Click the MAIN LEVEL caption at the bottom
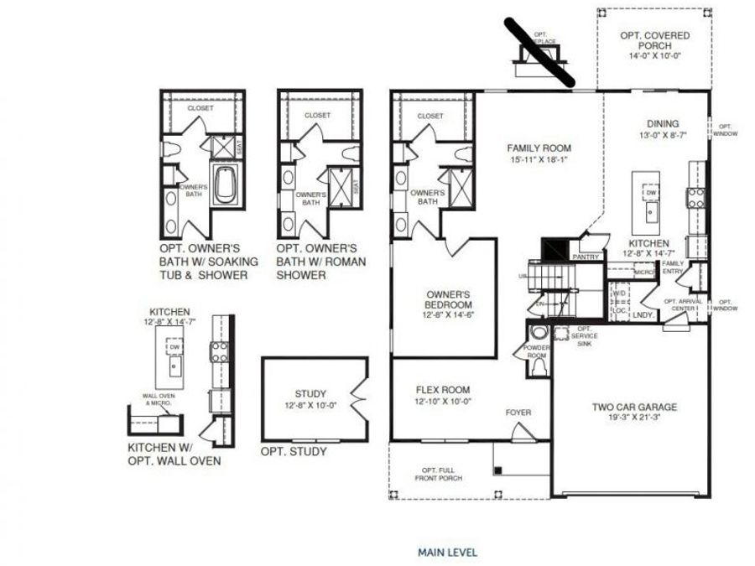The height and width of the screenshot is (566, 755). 447,553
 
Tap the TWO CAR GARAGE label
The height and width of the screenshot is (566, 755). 634,408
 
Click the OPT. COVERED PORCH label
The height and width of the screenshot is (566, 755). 649,40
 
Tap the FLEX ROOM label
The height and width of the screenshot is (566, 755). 443,390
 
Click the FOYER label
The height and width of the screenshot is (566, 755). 518,412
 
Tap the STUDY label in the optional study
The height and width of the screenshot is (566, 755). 310,393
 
